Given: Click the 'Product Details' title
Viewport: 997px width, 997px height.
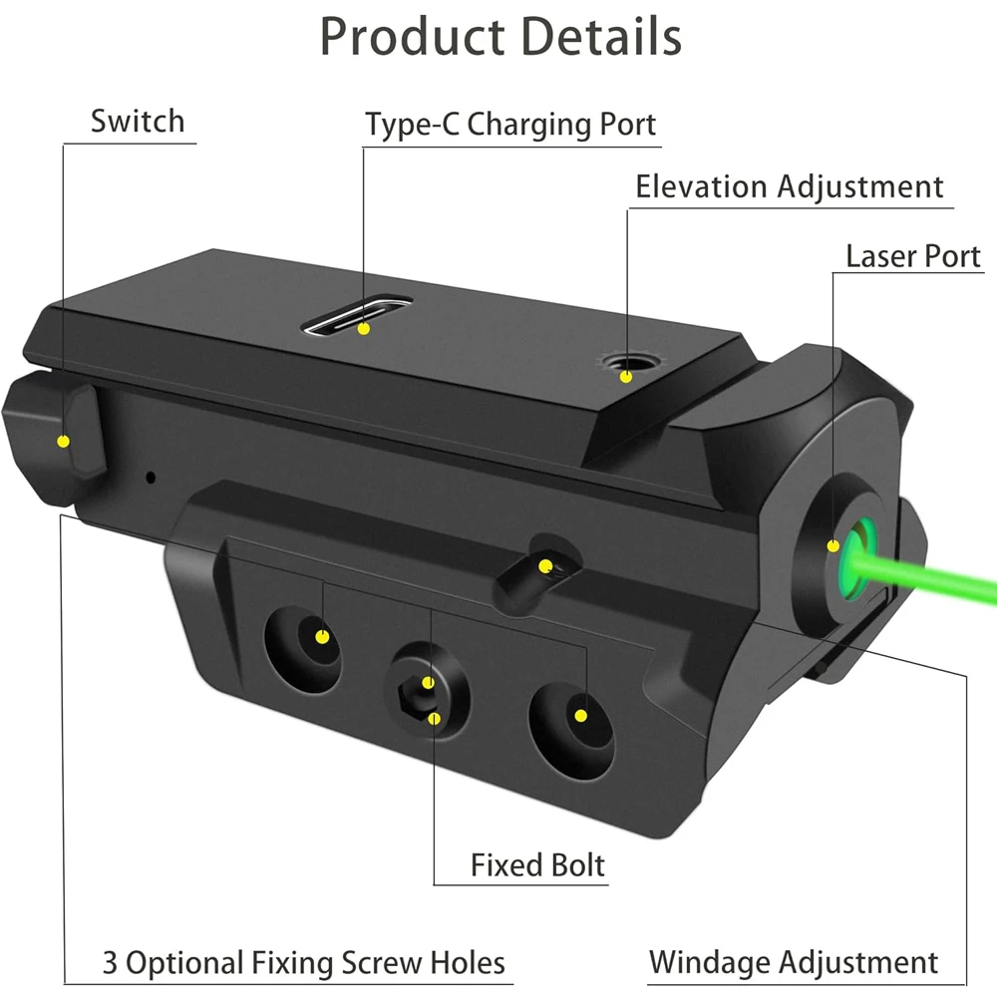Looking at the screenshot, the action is point(500,38).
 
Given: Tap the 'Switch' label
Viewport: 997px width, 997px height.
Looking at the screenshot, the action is point(138,121).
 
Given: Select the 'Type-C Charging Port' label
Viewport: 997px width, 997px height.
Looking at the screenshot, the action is point(510,125).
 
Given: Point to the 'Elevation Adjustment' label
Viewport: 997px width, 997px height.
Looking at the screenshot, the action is point(789,187).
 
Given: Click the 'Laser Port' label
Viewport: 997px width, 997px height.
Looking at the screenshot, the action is point(913,256).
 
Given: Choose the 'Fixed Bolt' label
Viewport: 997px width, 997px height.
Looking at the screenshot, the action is point(538,865).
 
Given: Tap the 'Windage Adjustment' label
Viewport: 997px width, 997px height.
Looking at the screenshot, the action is point(794,963).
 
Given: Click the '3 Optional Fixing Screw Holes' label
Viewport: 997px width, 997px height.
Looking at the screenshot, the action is point(304,963).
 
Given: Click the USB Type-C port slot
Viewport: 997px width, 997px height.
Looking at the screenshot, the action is point(357,316).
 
